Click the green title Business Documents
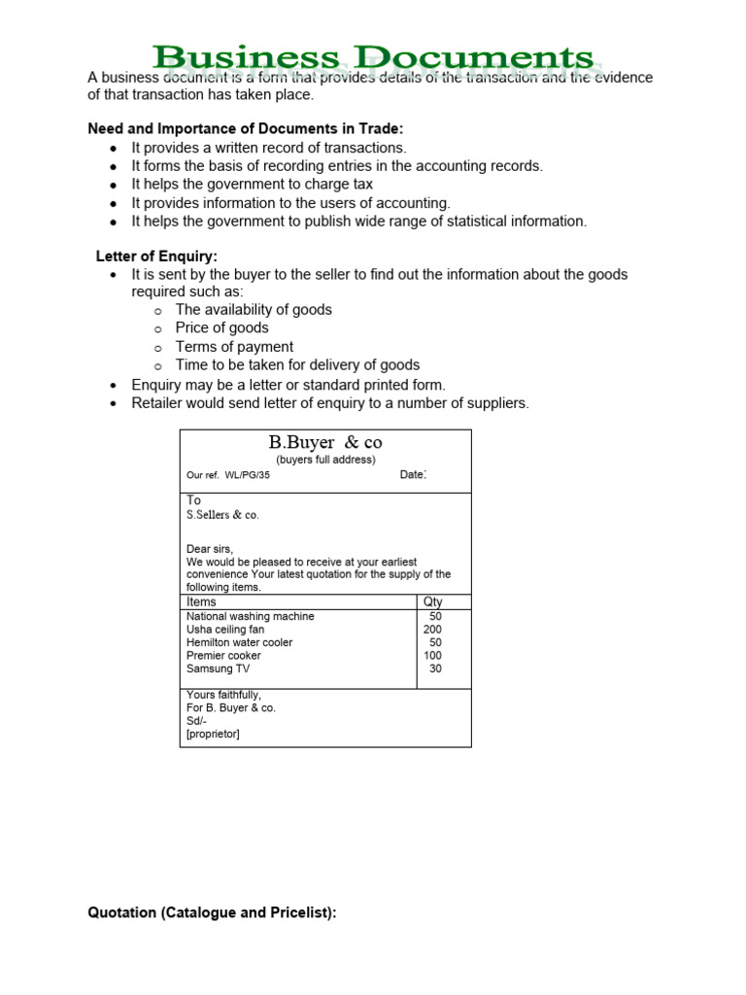coord(372,58)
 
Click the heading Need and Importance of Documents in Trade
coord(245,129)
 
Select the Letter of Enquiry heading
coord(156,257)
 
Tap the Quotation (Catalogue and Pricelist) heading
coord(212,913)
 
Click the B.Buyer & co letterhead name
coord(325,443)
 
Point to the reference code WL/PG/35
coord(247,476)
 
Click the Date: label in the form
coord(413,475)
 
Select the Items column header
coord(201,602)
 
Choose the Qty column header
coord(433,602)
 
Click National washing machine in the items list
coord(250,616)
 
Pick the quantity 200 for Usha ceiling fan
coord(432,630)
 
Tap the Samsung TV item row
coord(218,669)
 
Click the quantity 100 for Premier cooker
coord(432,656)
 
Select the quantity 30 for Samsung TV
coord(434,669)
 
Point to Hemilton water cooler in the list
coord(239,642)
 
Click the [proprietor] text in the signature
coord(213,734)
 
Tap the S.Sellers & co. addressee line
coord(222,515)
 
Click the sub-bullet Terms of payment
coord(234,347)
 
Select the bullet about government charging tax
coord(252,185)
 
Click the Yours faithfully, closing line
coord(223,696)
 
